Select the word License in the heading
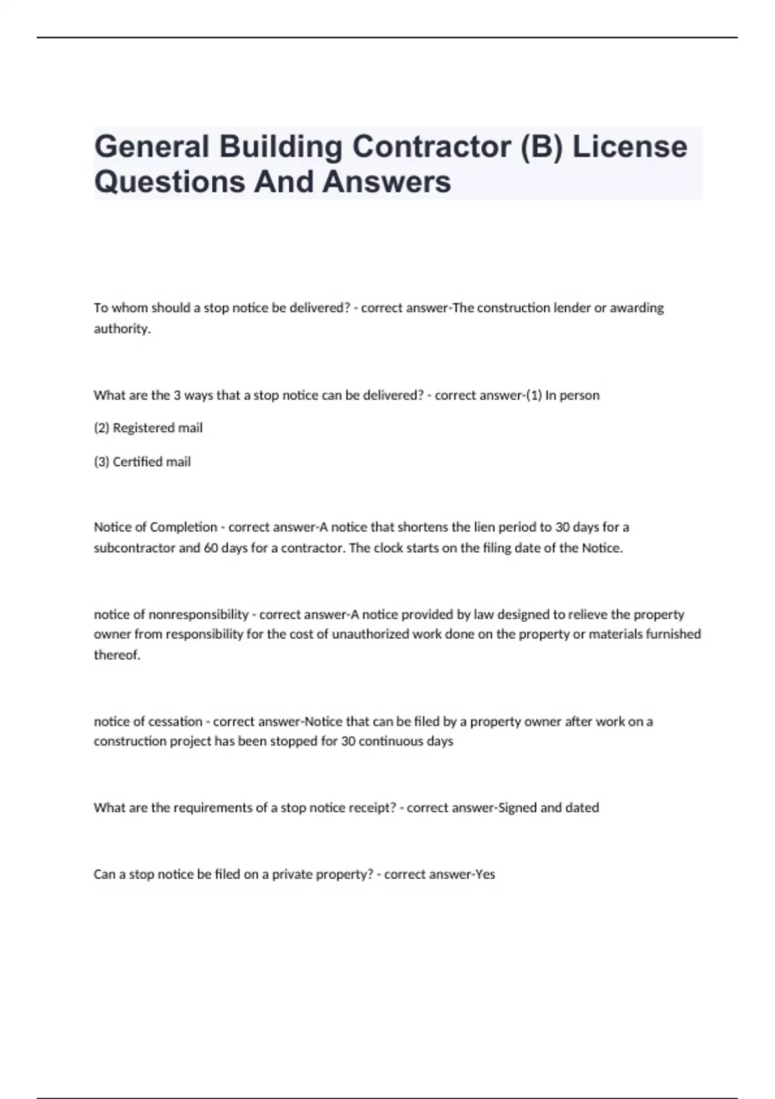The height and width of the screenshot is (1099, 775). click(x=630, y=147)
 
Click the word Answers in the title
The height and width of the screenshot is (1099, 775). click(x=386, y=182)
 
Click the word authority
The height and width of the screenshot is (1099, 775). click(x=121, y=328)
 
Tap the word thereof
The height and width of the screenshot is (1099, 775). click(x=117, y=655)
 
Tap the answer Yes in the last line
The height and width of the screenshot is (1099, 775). click(x=485, y=874)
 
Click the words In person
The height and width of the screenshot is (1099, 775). click(x=572, y=395)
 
